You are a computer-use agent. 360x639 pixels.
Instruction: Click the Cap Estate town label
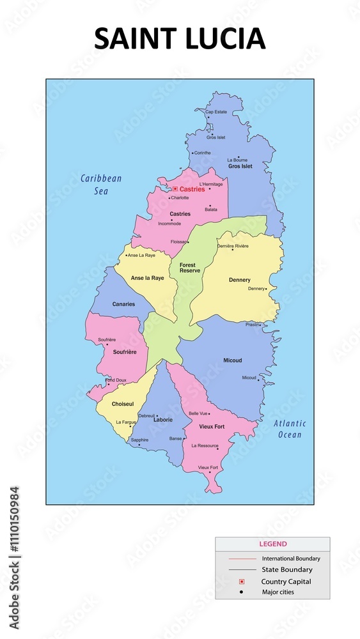coord(216,112)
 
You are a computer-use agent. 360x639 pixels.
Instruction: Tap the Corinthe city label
coord(202,153)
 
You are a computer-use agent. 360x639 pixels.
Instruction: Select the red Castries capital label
coord(192,189)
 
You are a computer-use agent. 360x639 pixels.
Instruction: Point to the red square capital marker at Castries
coord(175,189)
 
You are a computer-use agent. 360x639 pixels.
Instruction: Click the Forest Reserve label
coord(189,268)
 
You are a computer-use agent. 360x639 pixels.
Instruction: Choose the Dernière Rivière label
coord(233,246)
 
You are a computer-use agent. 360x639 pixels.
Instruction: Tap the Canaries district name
coord(123,304)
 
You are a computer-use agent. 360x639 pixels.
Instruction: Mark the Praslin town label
coord(253,325)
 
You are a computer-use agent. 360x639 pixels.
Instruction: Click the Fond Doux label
coord(116,380)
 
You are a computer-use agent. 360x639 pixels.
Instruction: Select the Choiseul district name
coord(122,404)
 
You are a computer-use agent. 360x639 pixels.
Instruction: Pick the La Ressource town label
coord(205,445)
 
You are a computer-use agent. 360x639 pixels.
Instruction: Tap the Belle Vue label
coord(198,413)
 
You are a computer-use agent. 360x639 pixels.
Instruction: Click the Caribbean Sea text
coord(101,184)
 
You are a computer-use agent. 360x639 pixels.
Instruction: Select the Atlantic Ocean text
coord(290,429)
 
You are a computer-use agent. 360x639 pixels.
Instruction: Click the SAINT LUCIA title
coord(180,40)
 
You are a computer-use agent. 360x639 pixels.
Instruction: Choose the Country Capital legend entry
coord(286,581)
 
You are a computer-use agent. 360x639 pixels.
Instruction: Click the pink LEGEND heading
coord(272,544)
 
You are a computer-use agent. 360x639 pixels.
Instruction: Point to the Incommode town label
coord(169,224)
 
